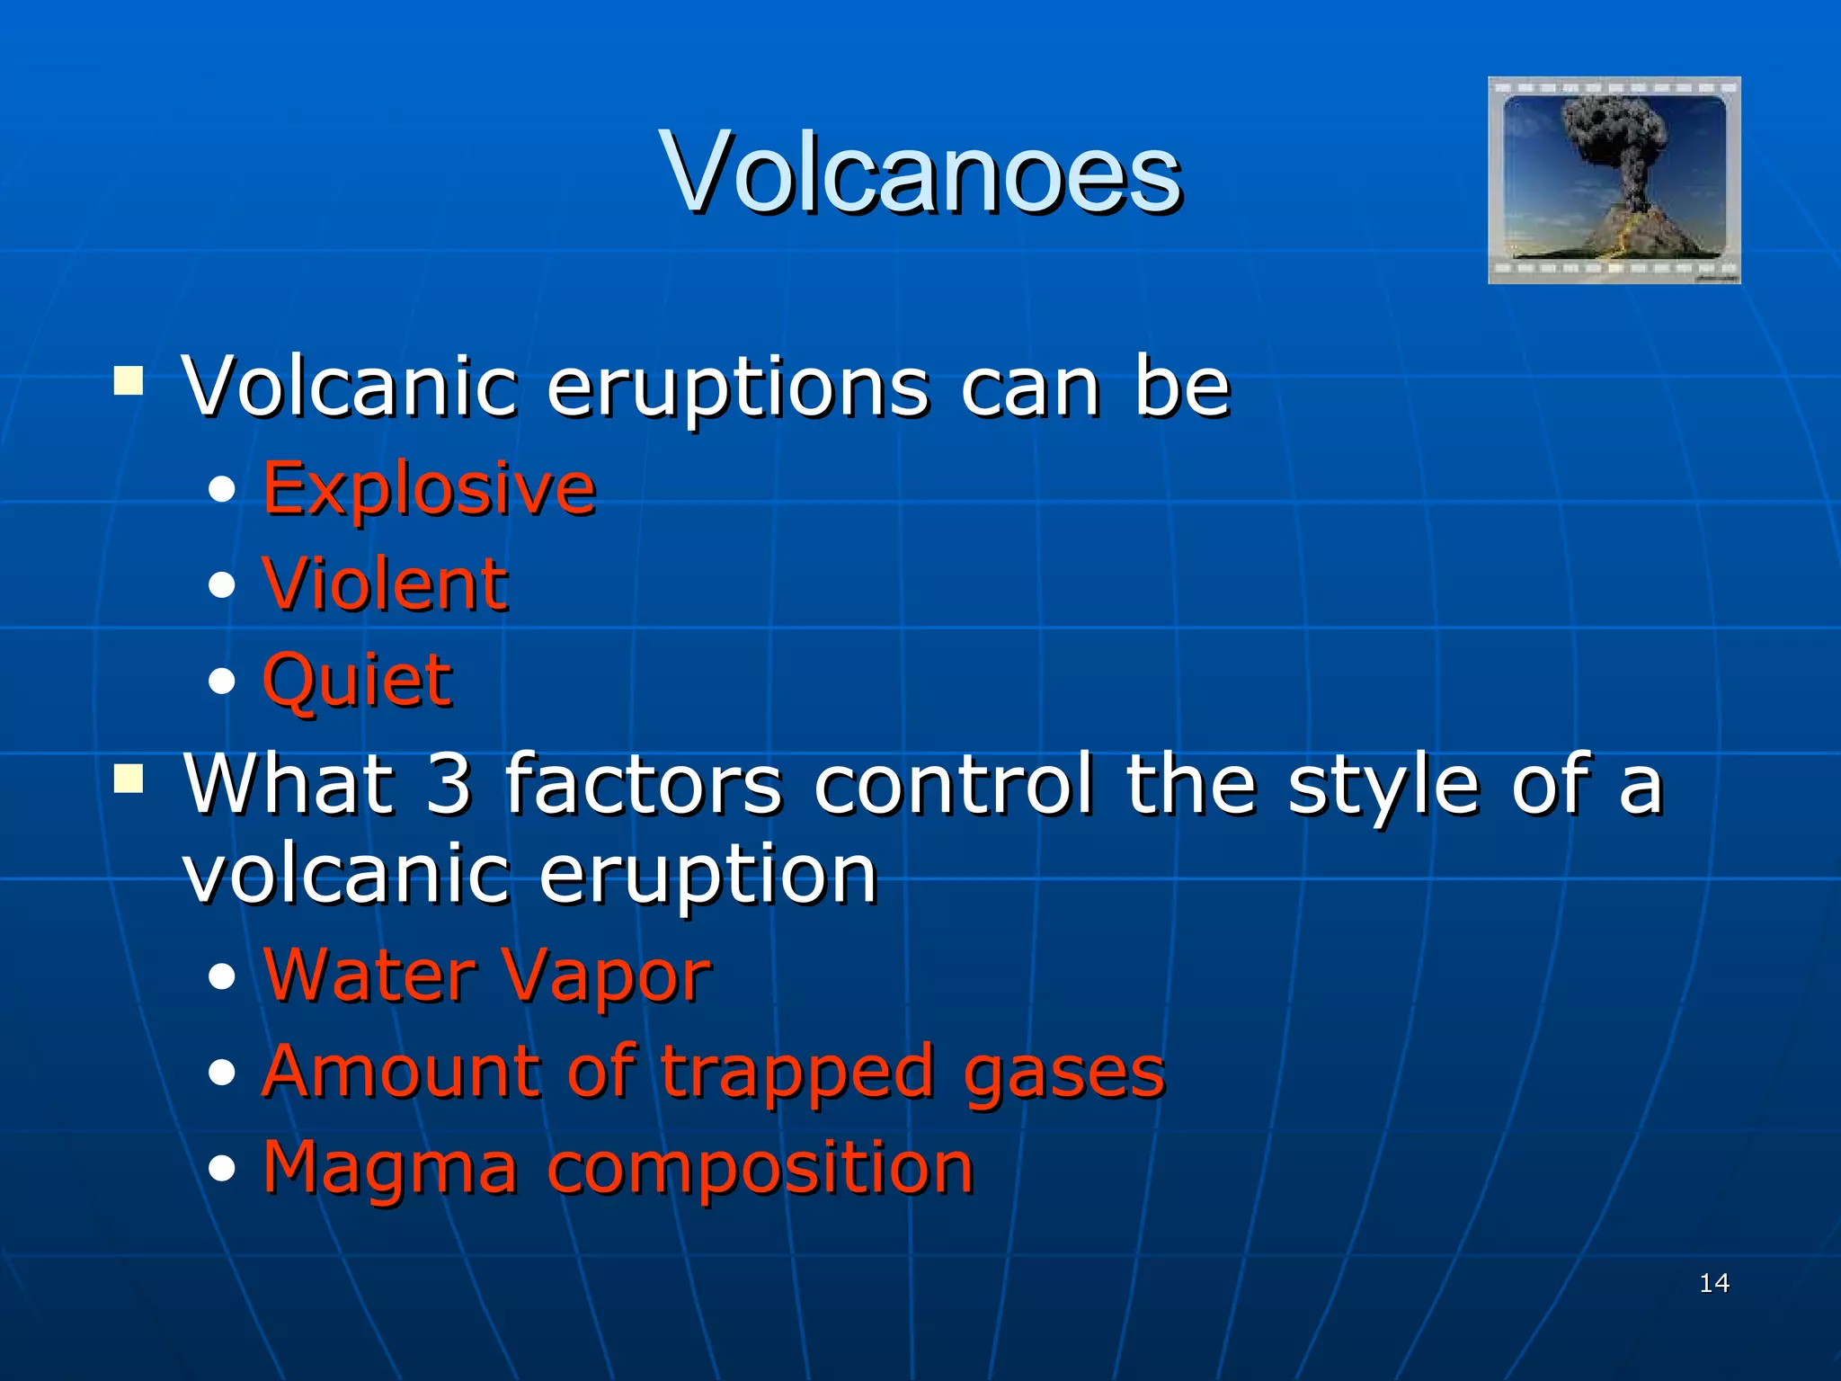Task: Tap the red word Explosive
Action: click(x=429, y=488)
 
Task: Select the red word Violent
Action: click(x=385, y=584)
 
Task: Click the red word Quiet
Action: click(x=357, y=680)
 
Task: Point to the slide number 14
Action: click(x=1714, y=1283)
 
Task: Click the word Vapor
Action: click(x=605, y=976)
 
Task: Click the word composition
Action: click(x=760, y=1168)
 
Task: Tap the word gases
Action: click(x=1063, y=1073)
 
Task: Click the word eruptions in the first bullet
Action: click(x=737, y=387)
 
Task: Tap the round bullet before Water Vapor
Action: click(x=221, y=977)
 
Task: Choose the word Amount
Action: click(x=402, y=1072)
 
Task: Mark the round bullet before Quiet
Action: click(x=221, y=682)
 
